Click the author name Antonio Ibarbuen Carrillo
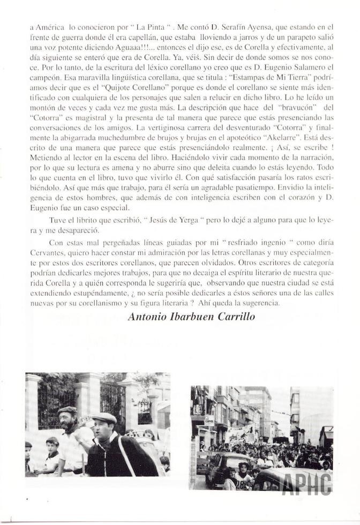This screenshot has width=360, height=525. [x=198, y=317]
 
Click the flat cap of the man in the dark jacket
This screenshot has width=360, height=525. [x=104, y=418]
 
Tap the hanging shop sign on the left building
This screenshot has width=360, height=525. [x=209, y=421]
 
